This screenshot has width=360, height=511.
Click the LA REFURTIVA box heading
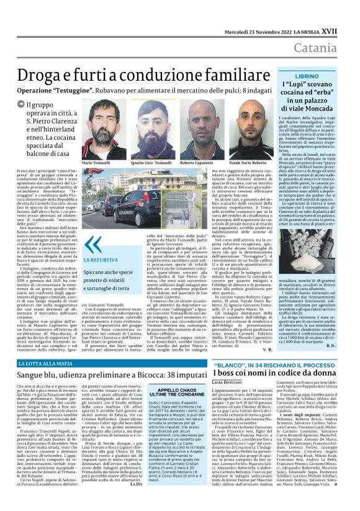coord(97,260)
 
